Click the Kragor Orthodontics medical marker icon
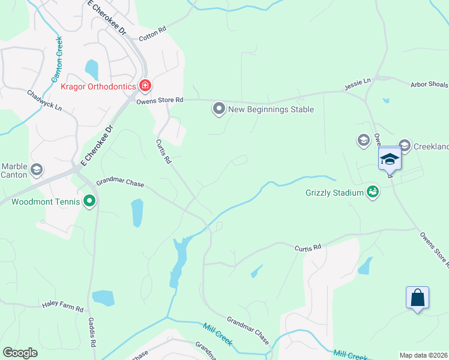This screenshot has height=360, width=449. pos(145,86)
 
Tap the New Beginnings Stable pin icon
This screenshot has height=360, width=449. pos(219,109)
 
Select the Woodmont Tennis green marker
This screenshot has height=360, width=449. pos(89,201)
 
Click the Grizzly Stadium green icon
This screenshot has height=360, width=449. pos(373,192)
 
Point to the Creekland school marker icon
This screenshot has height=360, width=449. pos(404,145)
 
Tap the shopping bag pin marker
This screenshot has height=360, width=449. pos(417,298)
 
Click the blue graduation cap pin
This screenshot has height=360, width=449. pos(390,159)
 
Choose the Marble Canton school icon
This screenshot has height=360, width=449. pos(36,169)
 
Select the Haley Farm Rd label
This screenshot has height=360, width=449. pos(62,307)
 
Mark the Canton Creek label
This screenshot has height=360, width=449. pos(58,60)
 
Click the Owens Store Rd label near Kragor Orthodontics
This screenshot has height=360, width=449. pos(159,101)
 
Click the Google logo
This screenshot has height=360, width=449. pos(20,353)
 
